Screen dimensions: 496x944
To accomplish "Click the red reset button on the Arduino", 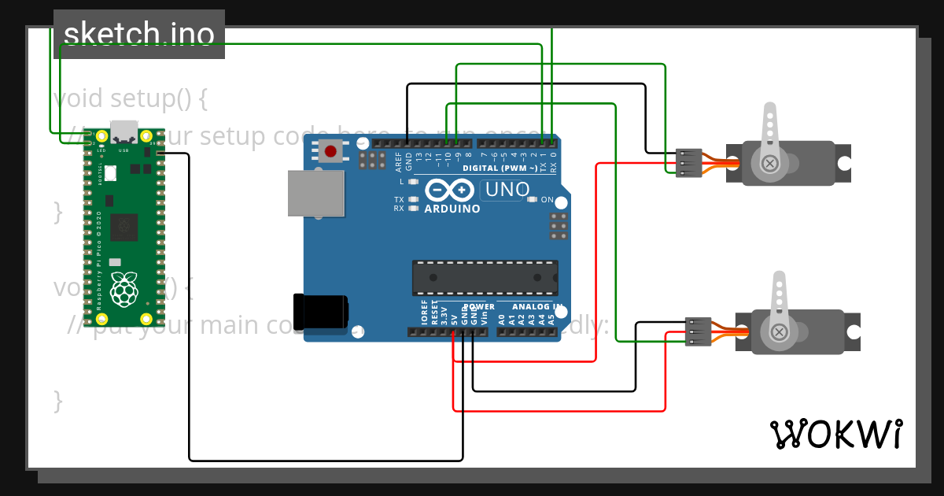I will click(330, 150).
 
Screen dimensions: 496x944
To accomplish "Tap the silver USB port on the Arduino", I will click(315, 193).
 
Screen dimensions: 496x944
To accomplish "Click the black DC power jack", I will click(320, 310).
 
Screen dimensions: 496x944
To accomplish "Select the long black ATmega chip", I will click(485, 278).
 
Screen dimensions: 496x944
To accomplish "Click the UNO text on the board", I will click(507, 190).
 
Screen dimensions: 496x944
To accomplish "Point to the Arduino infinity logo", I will click(450, 190).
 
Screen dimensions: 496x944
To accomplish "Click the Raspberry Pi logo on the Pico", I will click(124, 288).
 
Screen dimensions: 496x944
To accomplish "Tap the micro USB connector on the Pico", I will click(124, 131).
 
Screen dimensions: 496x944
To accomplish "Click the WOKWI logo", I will click(836, 434).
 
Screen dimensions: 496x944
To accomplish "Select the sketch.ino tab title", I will click(138, 34).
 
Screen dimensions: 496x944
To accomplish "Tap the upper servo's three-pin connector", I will click(688, 163).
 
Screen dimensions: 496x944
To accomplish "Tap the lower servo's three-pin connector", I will click(698, 331).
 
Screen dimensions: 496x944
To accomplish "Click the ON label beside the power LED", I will click(547, 200).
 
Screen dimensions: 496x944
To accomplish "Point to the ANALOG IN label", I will click(537, 307).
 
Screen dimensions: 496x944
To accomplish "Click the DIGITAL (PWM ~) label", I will click(500, 168).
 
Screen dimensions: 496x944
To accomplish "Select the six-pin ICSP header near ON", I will click(559, 226).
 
